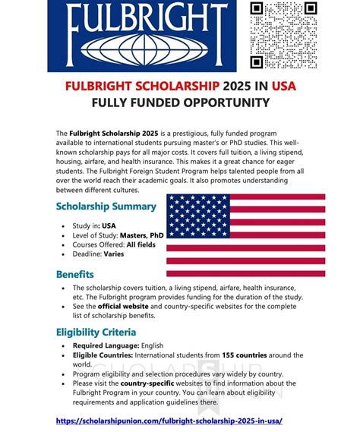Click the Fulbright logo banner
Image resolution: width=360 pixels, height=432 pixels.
(x=149, y=33)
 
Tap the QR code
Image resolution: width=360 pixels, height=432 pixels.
(x=285, y=35)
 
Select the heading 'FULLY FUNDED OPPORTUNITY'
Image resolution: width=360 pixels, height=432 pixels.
(x=180, y=102)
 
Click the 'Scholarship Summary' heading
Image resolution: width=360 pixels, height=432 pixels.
(x=106, y=207)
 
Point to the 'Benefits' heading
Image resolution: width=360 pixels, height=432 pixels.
(x=74, y=274)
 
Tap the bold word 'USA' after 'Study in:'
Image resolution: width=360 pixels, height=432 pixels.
(x=109, y=225)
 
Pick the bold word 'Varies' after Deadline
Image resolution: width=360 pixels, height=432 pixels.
(x=113, y=254)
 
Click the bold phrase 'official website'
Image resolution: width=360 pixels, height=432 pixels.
(x=125, y=307)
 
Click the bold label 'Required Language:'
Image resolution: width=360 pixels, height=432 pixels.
(x=104, y=345)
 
